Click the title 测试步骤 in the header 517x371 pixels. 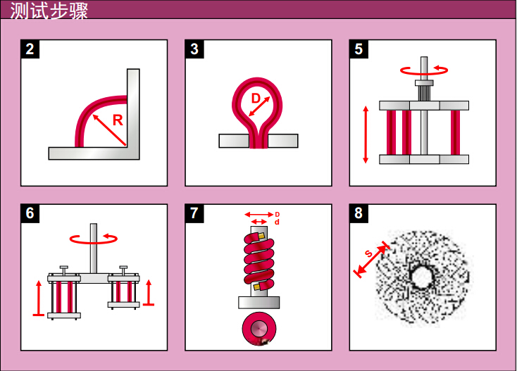point(49,11)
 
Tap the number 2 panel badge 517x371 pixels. point(30,49)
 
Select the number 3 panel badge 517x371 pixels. point(194,49)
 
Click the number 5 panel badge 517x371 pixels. point(359,49)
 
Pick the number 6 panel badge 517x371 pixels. point(30,213)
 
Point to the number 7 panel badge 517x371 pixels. point(194,213)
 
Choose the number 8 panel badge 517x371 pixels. point(359,213)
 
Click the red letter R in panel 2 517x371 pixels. point(118,120)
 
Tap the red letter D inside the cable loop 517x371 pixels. point(256,98)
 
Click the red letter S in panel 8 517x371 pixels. point(368,253)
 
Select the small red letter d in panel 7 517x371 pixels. point(277,222)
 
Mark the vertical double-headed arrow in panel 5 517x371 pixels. point(366,134)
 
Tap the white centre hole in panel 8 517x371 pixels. point(421,277)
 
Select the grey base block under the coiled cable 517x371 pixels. point(258,303)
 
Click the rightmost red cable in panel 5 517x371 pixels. point(455,132)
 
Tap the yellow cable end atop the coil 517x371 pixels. point(261,236)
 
